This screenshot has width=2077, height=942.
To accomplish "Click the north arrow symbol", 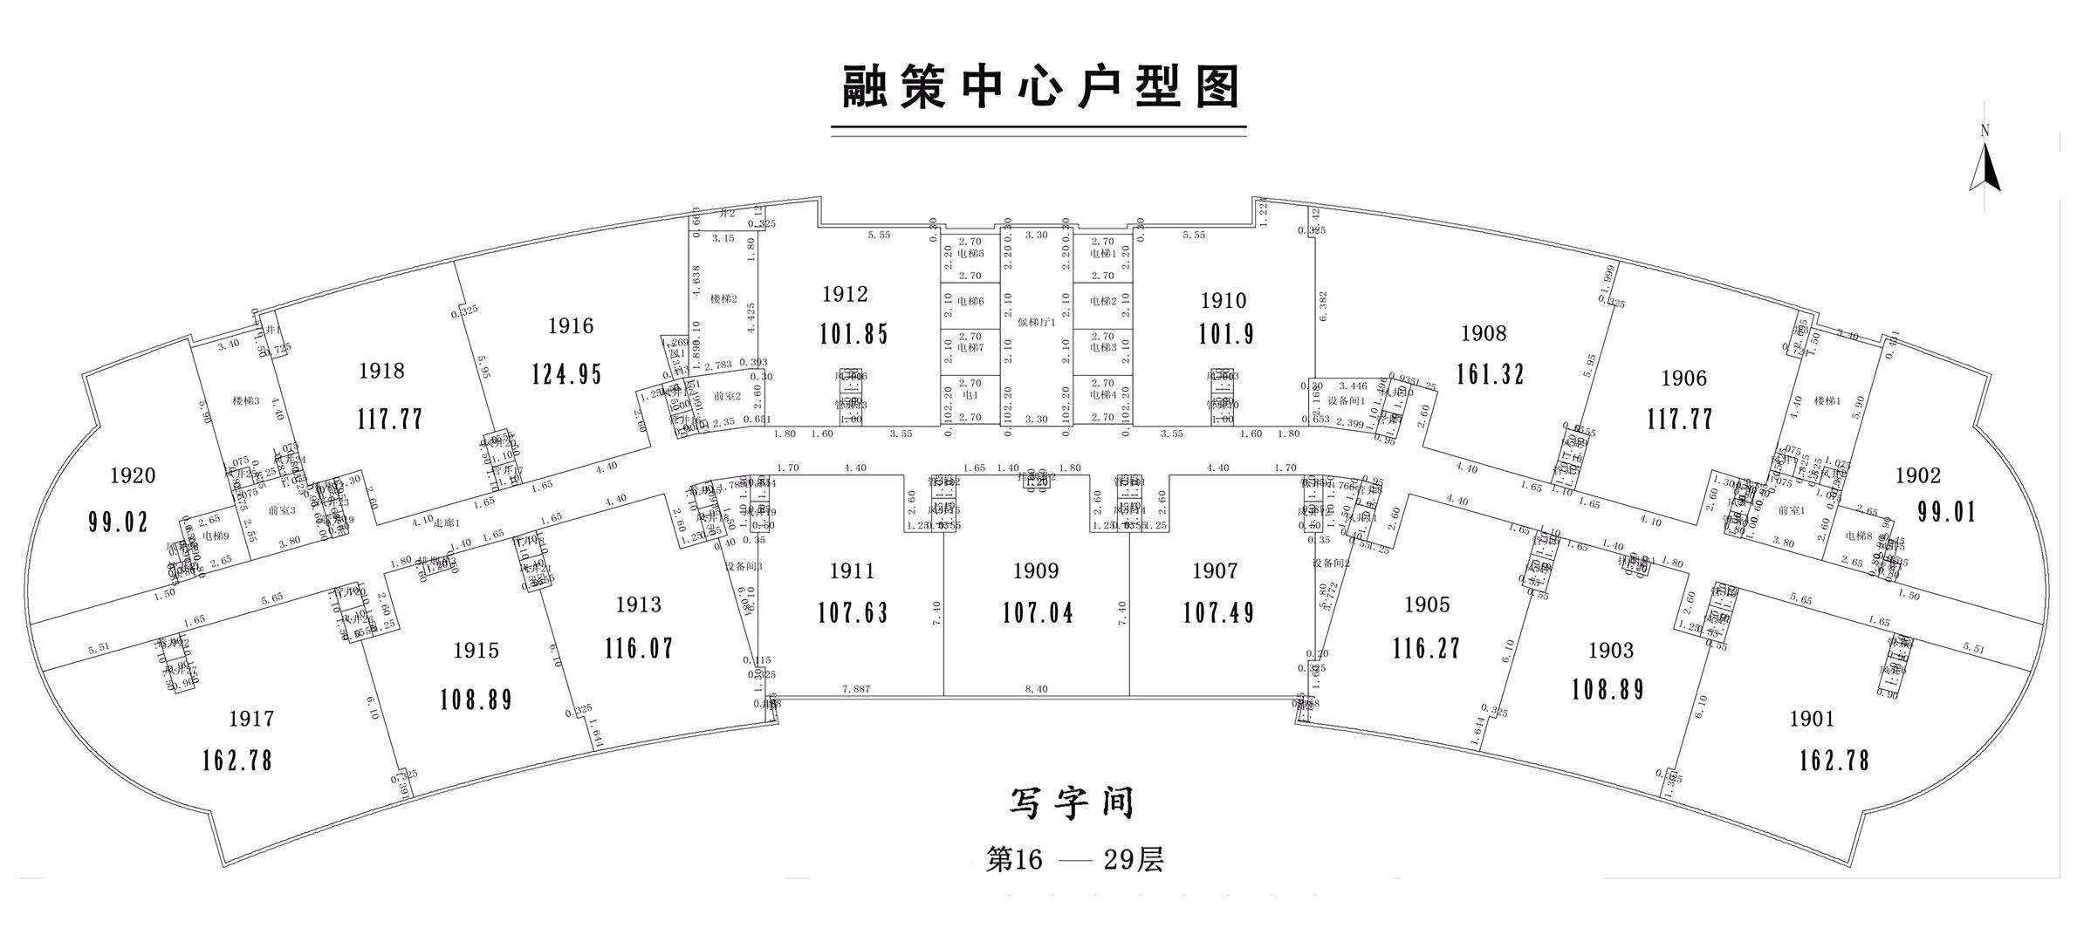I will [1984, 170].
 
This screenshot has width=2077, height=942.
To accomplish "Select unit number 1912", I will [845, 294].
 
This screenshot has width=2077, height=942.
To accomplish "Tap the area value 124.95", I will [567, 373].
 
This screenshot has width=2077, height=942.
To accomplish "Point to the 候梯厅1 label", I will [1037, 321].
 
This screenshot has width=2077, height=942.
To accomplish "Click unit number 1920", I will [133, 475].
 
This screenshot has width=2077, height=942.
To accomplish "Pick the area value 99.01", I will [1946, 511].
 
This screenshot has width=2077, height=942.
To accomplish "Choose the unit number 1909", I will [1036, 571].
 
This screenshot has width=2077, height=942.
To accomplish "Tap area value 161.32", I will [1490, 373].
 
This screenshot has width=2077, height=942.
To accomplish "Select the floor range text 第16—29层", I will [1074, 860].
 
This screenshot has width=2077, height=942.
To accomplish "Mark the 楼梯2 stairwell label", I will [723, 299].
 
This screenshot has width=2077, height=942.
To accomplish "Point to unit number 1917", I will [251, 719].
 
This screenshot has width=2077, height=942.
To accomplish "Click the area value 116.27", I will [1427, 648].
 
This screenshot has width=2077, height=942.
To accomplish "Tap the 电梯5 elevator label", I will [970, 254].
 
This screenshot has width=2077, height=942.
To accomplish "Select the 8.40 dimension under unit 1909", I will [1036, 689].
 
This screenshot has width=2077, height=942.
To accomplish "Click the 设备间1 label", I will [1346, 400].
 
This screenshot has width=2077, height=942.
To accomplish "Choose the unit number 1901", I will [1812, 719].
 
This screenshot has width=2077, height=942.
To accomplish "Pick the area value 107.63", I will [853, 612].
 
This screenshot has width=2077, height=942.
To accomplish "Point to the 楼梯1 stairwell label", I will [1827, 401].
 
